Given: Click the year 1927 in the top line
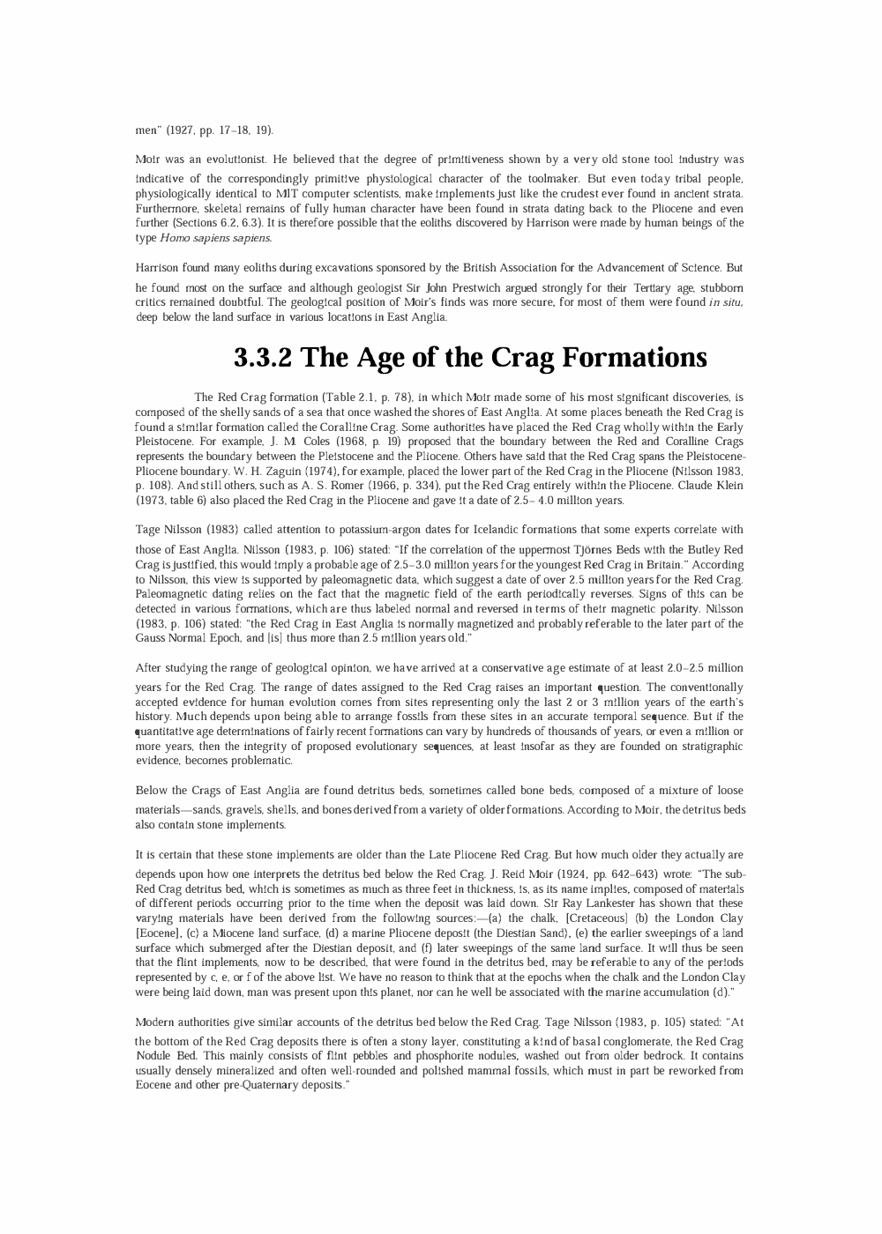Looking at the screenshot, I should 179,130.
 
